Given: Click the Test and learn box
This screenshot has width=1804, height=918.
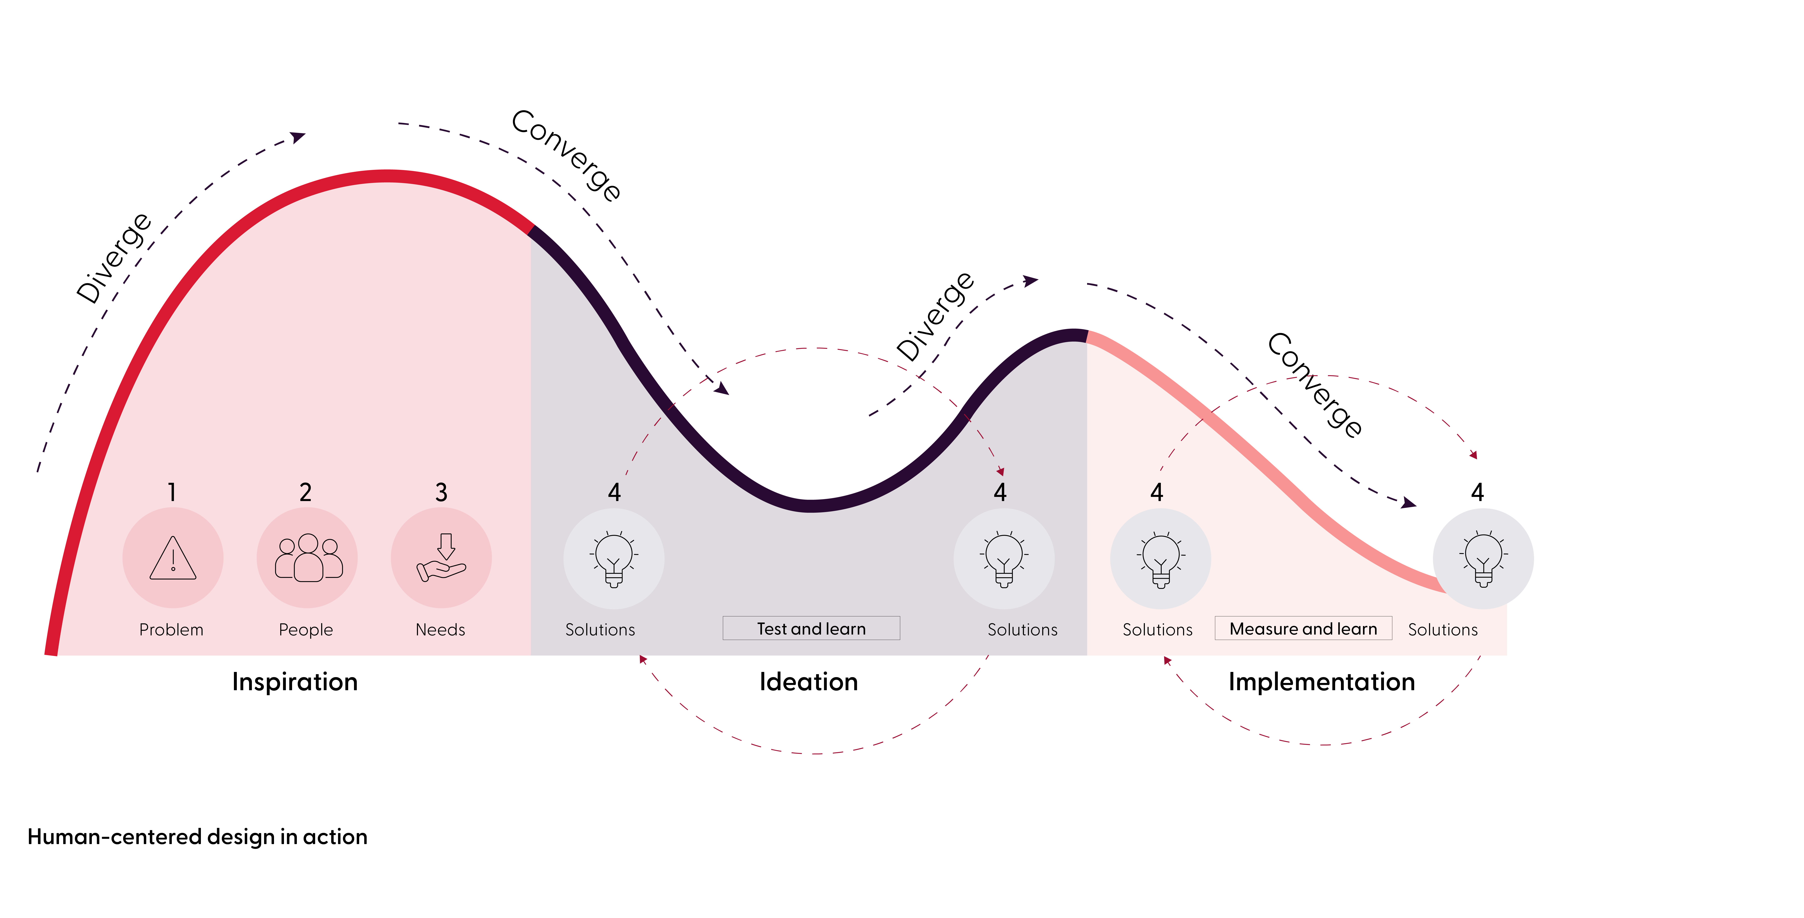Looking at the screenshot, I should click(811, 628).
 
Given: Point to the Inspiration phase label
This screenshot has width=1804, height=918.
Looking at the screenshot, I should click(295, 681).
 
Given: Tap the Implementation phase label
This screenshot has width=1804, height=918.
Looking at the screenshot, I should click(1321, 681).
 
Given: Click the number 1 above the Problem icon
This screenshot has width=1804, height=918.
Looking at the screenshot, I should click(172, 492).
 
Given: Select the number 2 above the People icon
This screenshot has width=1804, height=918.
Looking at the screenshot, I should click(305, 492).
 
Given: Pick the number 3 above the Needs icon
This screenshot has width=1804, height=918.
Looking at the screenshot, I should click(441, 492).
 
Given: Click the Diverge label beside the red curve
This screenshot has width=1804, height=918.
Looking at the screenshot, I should click(113, 258).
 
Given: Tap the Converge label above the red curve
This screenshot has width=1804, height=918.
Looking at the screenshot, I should click(566, 156).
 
